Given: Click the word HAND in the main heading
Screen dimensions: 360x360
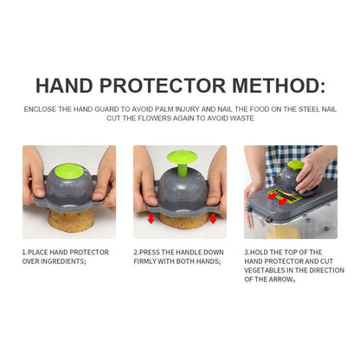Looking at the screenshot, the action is coord(64,85).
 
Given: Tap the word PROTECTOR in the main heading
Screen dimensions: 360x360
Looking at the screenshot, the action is coord(163,85).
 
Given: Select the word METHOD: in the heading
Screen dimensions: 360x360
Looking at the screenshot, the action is coord(279,85).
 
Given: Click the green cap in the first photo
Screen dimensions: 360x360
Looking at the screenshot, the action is coord(69,170).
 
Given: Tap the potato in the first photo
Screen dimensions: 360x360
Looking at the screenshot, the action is coord(70,221).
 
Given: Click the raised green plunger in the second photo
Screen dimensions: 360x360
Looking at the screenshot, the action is coord(183,163).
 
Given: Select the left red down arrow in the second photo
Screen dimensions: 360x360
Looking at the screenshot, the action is coord(151,218).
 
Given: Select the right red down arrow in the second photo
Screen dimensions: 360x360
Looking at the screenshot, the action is coord(213,218).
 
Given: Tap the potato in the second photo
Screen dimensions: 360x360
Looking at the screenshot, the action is coord(183,221).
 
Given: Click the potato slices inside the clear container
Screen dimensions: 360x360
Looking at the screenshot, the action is coord(283,232).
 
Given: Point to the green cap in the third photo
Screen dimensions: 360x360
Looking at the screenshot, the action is coord(295,164).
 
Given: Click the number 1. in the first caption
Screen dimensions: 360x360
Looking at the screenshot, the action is coord(24,252).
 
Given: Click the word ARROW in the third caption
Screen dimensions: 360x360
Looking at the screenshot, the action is coord(280,280).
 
